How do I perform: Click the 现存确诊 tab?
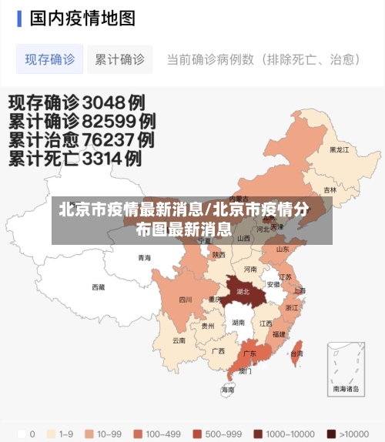(x=50, y=59)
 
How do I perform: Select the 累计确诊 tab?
(x=119, y=59)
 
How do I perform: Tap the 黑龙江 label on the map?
(x=339, y=149)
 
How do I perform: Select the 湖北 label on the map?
(x=243, y=292)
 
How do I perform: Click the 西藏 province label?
(x=99, y=287)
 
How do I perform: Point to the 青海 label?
(x=145, y=258)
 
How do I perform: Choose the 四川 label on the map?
(x=186, y=300)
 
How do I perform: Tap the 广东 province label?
(x=249, y=353)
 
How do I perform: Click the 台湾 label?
(x=296, y=353)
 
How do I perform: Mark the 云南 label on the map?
(x=179, y=340)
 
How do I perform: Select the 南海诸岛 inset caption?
(x=346, y=389)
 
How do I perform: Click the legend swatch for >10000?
(x=330, y=434)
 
